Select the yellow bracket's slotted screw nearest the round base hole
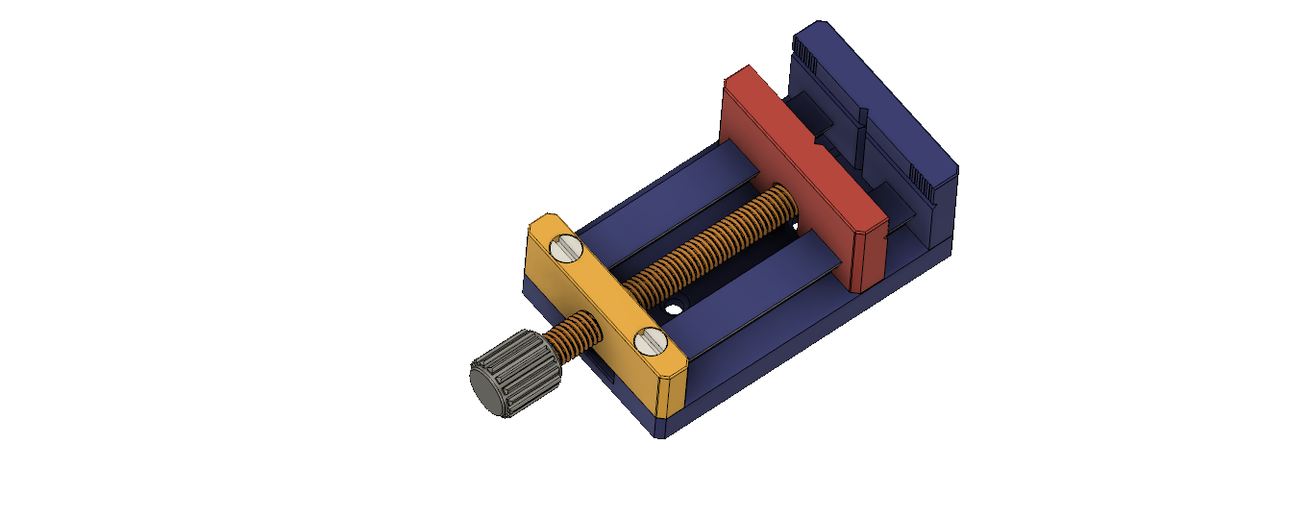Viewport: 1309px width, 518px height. [650, 341]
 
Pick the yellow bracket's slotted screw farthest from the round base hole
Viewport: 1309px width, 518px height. [565, 251]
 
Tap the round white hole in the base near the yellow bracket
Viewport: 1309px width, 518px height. [675, 309]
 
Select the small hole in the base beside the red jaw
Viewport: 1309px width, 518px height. [796, 227]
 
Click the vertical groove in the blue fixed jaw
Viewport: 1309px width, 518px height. [862, 135]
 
